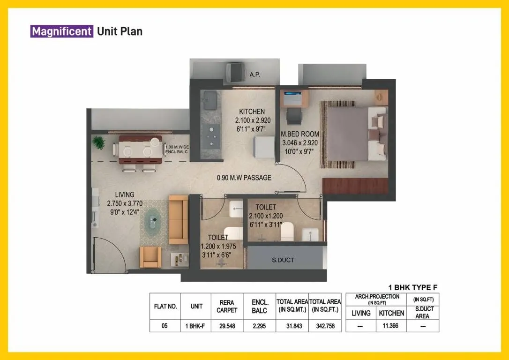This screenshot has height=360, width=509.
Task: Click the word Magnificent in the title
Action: pyautogui.click(x=61, y=31)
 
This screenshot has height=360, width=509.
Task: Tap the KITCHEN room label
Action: pyautogui.click(x=252, y=112)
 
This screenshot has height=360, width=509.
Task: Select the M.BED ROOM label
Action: pyautogui.click(x=300, y=134)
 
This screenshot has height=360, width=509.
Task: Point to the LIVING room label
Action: pyautogui.click(x=124, y=195)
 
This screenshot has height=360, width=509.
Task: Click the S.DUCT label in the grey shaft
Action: pyautogui.click(x=284, y=259)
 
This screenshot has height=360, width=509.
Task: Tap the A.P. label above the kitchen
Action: pyautogui.click(x=255, y=75)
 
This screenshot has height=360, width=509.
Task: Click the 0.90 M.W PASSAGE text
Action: pyautogui.click(x=244, y=178)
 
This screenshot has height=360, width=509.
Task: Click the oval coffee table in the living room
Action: pyautogui.click(x=153, y=218)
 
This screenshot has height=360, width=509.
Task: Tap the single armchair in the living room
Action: pyautogui.click(x=150, y=257)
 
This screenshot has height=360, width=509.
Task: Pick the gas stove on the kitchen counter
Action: pyautogui.click(x=212, y=134)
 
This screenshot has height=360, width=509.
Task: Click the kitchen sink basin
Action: pyautogui.click(x=209, y=99)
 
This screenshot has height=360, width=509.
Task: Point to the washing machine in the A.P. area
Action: pyautogui.click(x=236, y=72)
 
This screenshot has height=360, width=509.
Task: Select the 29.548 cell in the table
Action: pyautogui.click(x=227, y=326)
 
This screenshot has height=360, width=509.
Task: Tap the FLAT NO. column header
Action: pyautogui.click(x=165, y=307)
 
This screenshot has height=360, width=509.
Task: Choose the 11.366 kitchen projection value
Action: pyautogui.click(x=390, y=325)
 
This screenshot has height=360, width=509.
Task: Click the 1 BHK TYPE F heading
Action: pyautogui.click(x=412, y=287)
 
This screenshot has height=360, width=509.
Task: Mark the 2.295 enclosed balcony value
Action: pyautogui.click(x=259, y=326)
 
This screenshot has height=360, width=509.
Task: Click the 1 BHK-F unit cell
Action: pyautogui.click(x=197, y=326)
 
